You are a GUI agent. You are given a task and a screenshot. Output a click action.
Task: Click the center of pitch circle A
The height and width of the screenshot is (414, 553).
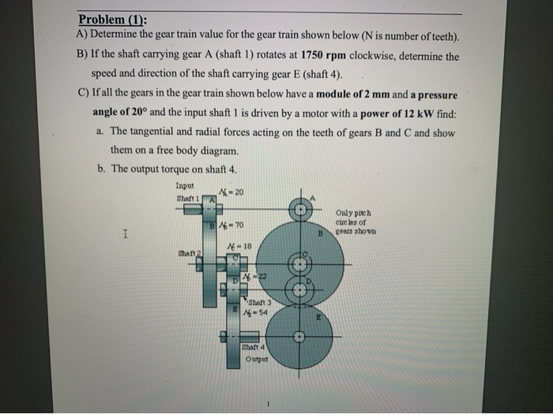pos(299,210)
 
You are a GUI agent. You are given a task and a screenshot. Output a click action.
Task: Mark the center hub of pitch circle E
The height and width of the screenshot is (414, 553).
pos(299,337)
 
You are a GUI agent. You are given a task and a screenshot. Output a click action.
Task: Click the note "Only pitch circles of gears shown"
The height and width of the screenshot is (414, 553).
pos(355,223)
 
